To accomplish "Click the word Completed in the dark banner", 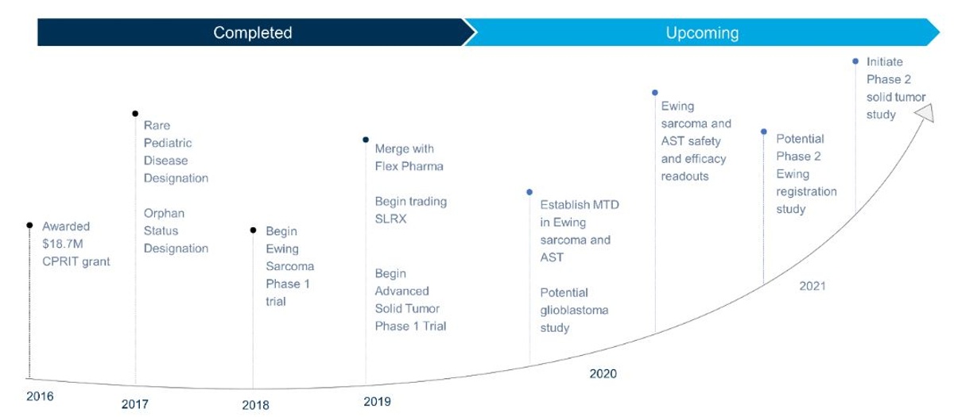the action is (x=253, y=33).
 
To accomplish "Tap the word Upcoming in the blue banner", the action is (x=702, y=33).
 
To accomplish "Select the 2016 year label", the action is (x=40, y=396).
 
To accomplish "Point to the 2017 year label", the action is (x=135, y=403).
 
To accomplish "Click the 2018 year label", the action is (x=255, y=404).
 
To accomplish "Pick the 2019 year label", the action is (x=377, y=401).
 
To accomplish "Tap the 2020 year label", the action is (x=603, y=373).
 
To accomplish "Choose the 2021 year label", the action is (x=812, y=285).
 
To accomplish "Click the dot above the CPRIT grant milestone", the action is (x=29, y=225).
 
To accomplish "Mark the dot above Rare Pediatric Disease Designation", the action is (x=135, y=114).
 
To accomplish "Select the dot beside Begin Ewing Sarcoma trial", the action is (x=253, y=230).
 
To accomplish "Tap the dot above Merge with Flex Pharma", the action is (x=366, y=140).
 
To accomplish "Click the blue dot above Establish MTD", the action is (x=529, y=192).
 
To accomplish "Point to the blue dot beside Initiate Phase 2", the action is (x=855, y=61).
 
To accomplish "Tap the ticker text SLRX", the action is (x=390, y=218).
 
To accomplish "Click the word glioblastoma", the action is (x=574, y=311).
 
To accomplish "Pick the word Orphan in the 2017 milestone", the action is (x=164, y=213).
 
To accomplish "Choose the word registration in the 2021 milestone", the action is (x=806, y=191).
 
